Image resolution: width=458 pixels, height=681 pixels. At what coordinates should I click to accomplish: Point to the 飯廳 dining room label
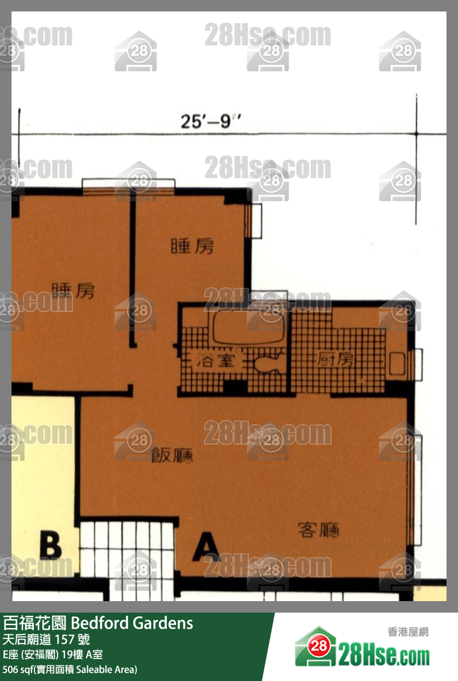click(172, 456)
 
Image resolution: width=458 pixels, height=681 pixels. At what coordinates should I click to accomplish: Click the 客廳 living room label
click(318, 529)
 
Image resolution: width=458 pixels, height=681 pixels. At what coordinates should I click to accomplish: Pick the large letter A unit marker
click(206, 547)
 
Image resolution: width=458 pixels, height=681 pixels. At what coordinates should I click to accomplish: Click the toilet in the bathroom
click(266, 364)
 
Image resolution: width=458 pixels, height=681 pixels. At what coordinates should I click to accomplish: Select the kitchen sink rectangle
click(396, 364)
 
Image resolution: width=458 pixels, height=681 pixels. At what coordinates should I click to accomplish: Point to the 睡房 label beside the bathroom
click(193, 247)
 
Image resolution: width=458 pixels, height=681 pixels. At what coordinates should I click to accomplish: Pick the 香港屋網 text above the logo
click(408, 632)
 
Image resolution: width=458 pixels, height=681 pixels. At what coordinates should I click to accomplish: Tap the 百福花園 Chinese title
click(35, 623)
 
